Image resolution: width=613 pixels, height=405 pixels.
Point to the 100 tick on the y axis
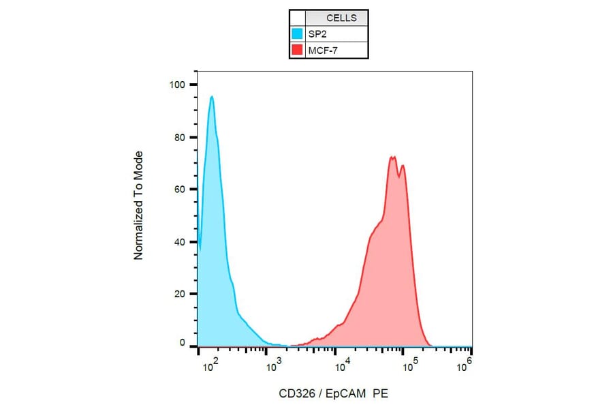177,85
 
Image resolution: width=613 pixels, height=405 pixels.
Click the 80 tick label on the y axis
180,137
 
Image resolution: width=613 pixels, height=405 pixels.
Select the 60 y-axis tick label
180,190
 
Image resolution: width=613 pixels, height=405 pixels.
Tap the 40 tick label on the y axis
180,242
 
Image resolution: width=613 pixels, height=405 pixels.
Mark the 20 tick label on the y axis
180,295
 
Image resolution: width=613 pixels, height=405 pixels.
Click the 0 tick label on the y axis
183,344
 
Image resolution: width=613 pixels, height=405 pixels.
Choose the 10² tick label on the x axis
210,369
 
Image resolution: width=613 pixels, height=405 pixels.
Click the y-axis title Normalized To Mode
138,205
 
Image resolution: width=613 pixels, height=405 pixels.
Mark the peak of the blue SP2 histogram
212,97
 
